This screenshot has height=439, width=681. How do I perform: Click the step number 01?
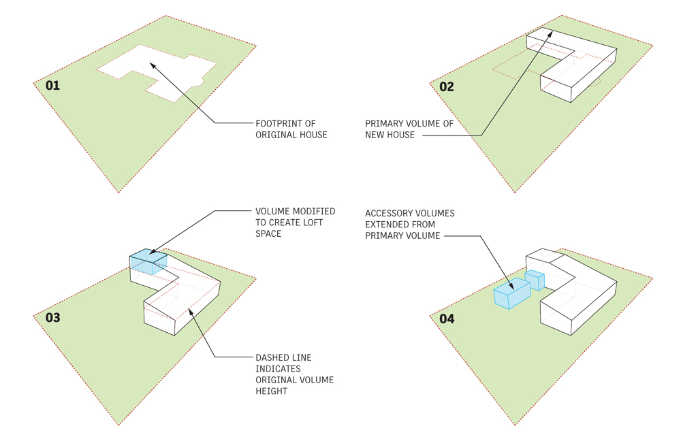pyautogui.click(x=52, y=86)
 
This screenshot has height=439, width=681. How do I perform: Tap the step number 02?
pyautogui.click(x=446, y=86)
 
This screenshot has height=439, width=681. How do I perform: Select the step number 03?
pyautogui.click(x=52, y=318)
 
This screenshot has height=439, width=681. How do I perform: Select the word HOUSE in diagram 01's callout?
pyautogui.click(x=311, y=135)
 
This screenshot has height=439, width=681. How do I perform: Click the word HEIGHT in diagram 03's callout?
pyautogui.click(x=271, y=391)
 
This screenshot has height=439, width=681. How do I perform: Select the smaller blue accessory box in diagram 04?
pyautogui.click(x=535, y=280)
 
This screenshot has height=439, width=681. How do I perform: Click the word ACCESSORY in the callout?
pyautogui.click(x=393, y=214)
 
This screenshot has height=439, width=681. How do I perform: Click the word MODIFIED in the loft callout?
pyautogui.click(x=311, y=212)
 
